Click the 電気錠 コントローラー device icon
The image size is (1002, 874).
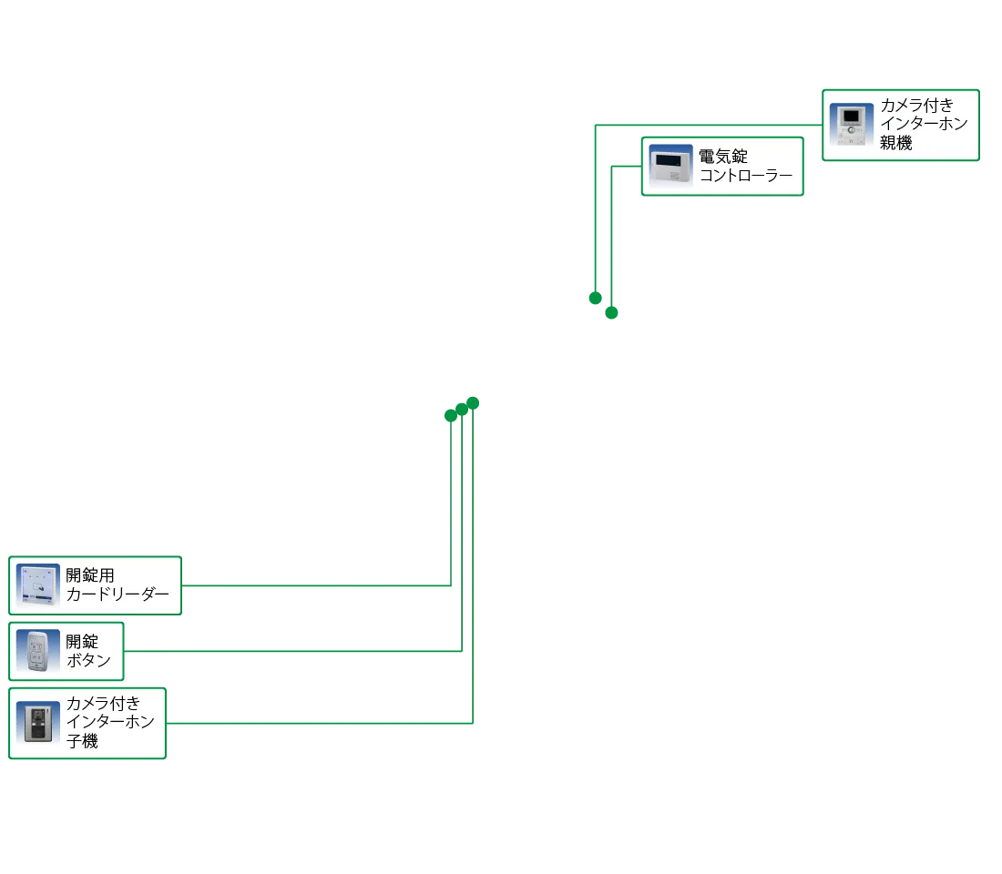pyautogui.click(x=670, y=166)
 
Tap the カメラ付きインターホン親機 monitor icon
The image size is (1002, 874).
pyautogui.click(x=851, y=125)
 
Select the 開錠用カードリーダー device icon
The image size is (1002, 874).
pyautogui.click(x=37, y=584)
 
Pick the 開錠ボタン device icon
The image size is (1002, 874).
pyautogui.click(x=37, y=651)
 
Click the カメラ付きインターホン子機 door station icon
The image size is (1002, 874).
pyautogui.click(x=37, y=723)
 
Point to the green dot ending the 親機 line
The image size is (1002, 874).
pyautogui.click(x=595, y=298)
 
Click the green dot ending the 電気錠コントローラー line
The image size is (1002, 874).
pyautogui.click(x=611, y=312)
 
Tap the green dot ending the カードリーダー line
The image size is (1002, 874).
pyautogui.click(x=451, y=416)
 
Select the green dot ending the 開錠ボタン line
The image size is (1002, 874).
pyautogui.click(x=462, y=410)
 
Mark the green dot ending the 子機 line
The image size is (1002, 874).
pyautogui.click(x=473, y=403)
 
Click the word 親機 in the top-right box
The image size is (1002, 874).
pyautogui.click(x=896, y=142)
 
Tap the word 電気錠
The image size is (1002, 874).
pyautogui.click(x=722, y=156)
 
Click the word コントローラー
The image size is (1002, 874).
pyautogui.click(x=746, y=175)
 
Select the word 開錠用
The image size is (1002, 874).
pyautogui.click(x=90, y=575)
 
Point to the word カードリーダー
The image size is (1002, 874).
pyautogui.click(x=118, y=595)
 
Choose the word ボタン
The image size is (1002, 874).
pyautogui.click(x=88, y=660)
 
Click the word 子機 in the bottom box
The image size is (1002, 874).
pyautogui.click(x=82, y=741)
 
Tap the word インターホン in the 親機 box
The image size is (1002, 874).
pyautogui.click(x=924, y=123)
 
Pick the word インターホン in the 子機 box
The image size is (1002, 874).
pyautogui.click(x=110, y=721)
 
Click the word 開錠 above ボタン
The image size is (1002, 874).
pyautogui.click(x=82, y=641)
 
